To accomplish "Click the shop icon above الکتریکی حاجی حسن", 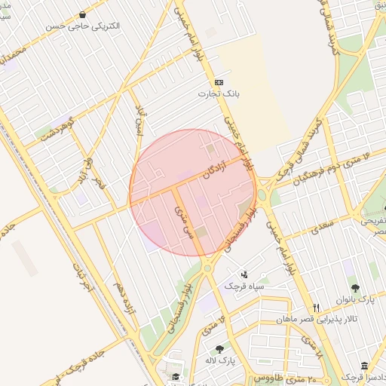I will point(82,14).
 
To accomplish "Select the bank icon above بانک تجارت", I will point(219,82).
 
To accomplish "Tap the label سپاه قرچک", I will point(244,286).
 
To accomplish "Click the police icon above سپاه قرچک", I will point(244,274).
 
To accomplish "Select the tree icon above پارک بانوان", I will point(355,288).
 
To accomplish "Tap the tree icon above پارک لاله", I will point(219,349).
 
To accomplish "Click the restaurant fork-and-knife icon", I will point(317,308).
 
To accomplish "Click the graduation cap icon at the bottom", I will point(176,377).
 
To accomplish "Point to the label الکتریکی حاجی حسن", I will point(83,26).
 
